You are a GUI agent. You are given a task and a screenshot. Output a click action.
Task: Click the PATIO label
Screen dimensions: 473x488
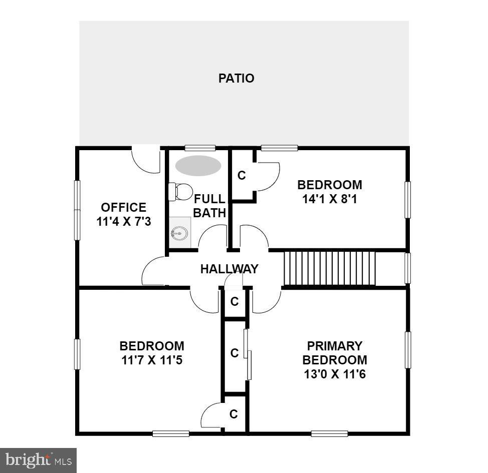(236, 79)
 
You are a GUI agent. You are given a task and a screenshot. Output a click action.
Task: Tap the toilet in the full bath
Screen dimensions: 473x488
(181, 191)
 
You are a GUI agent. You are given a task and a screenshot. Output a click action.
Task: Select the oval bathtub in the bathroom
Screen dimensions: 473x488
(198, 166)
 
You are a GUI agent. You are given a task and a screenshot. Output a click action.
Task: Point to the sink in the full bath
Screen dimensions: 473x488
(179, 232)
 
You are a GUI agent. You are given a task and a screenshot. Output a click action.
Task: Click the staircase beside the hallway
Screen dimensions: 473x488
(330, 268)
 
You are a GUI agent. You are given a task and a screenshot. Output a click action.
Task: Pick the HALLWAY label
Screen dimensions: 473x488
(229, 269)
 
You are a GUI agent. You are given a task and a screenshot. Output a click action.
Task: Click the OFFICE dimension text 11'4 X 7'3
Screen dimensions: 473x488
(123, 221)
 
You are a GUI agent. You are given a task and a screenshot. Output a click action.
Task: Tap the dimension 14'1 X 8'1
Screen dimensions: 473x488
(329, 199)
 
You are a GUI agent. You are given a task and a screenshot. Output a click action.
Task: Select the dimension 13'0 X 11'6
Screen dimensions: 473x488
(335, 373)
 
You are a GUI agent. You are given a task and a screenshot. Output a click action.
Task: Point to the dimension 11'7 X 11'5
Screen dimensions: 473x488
(151, 359)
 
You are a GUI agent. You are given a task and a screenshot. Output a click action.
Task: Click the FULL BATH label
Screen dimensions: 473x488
(209, 205)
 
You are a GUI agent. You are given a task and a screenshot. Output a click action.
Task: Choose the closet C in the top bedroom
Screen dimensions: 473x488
(241, 176)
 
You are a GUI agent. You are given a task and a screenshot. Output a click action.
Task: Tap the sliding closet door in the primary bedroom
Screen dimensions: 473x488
(248, 354)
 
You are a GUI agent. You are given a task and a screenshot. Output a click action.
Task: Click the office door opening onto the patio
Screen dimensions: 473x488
(146, 159)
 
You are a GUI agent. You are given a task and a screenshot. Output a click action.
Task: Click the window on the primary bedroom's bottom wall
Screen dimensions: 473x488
(329, 433)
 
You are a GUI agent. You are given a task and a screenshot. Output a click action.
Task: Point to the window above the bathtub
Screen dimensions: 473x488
(199, 148)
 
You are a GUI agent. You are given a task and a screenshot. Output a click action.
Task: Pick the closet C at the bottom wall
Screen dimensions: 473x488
(233, 414)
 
